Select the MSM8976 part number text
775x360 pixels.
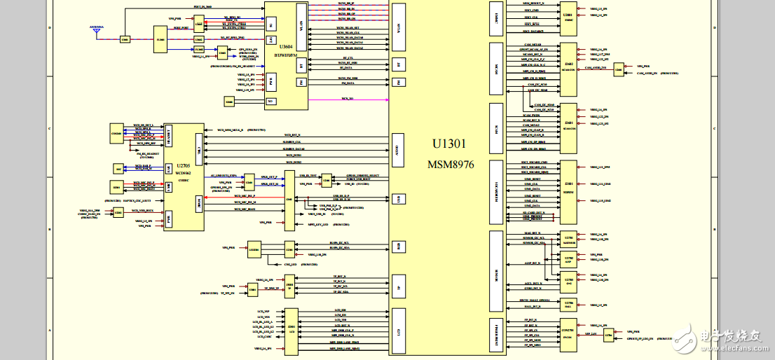click(x=448, y=165)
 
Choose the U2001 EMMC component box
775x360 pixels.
click(x=568, y=18)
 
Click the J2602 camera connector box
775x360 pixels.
click(x=568, y=69)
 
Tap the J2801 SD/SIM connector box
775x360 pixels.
click(x=568, y=185)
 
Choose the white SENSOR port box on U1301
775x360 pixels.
click(x=496, y=270)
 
